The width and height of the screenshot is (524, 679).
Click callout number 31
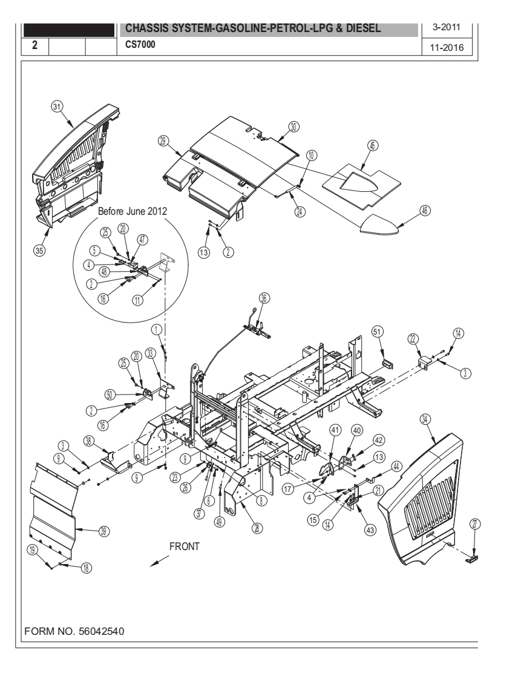(x=57, y=107)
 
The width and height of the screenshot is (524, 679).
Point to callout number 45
(x=372, y=145)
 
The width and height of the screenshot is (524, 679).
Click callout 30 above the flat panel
(x=293, y=126)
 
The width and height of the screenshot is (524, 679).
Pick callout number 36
(x=264, y=297)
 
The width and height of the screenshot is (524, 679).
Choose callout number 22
(x=414, y=339)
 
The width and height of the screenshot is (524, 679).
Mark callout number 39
(x=103, y=531)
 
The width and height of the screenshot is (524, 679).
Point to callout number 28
(x=258, y=528)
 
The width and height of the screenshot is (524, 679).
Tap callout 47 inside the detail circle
(x=142, y=240)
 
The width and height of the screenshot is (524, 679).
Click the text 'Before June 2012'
(x=133, y=211)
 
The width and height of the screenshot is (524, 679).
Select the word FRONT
(x=184, y=546)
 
